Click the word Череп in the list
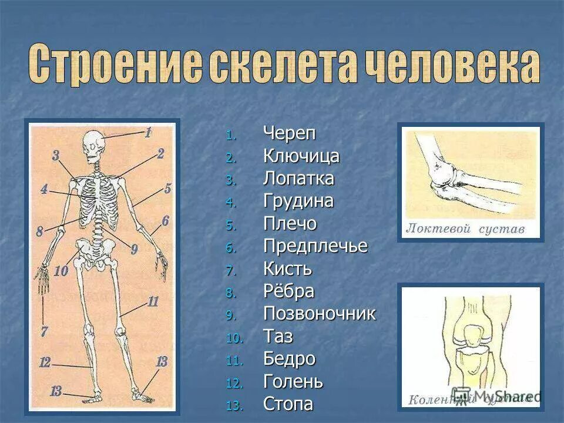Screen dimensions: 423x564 (x=290, y=134)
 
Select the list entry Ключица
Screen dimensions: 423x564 (x=301, y=156)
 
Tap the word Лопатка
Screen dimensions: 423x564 (x=298, y=179)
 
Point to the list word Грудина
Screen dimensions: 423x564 (x=298, y=202)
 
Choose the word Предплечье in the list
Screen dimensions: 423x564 (x=315, y=246)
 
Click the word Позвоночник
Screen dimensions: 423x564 (x=319, y=314)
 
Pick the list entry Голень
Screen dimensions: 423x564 (x=293, y=382)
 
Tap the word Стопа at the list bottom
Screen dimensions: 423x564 (x=288, y=404)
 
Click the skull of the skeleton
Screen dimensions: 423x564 (x=93, y=145)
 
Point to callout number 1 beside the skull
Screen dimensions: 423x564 (x=148, y=133)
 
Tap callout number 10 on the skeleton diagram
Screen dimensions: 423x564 (x=61, y=271)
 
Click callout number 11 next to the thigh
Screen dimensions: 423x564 (x=153, y=303)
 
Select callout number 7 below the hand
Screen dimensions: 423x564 (x=43, y=331)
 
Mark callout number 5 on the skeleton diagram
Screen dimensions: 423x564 (x=167, y=189)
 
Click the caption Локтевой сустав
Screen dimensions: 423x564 (x=465, y=229)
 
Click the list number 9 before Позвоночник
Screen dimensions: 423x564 (x=230, y=315)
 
